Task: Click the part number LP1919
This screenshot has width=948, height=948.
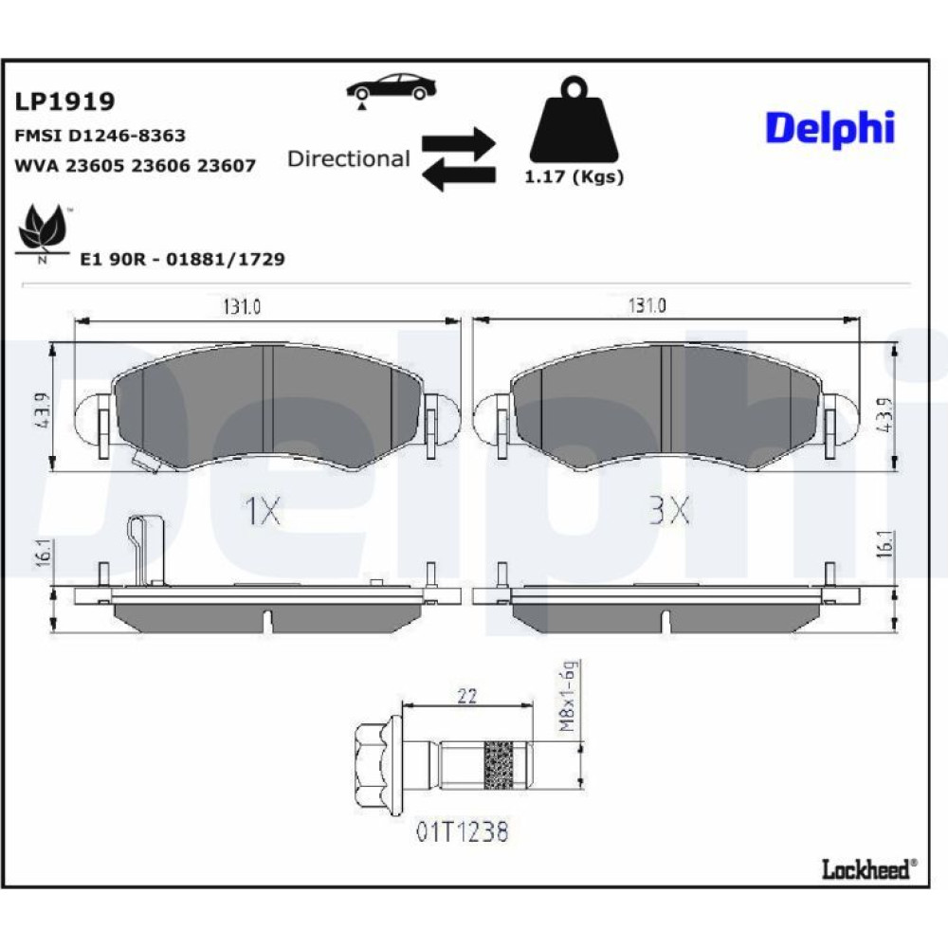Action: [64, 101]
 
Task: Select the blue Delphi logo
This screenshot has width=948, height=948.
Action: [829, 128]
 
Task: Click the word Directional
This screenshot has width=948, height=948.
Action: [349, 159]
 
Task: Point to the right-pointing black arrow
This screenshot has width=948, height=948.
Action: [459, 144]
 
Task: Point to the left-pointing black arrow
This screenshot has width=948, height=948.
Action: [459, 175]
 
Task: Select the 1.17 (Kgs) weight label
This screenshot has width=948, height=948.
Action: [574, 177]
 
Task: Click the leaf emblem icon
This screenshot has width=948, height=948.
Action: [43, 231]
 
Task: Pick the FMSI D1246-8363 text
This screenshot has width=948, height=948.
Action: [100, 136]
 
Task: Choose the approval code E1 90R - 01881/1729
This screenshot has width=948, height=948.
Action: [183, 260]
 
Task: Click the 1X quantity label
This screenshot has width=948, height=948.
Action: [263, 511]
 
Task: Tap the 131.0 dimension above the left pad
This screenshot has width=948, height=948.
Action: [242, 306]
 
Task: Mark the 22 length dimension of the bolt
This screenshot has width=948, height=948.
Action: [466, 696]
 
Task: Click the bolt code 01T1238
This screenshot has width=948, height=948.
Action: [463, 832]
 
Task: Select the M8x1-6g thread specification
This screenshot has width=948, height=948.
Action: [568, 697]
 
